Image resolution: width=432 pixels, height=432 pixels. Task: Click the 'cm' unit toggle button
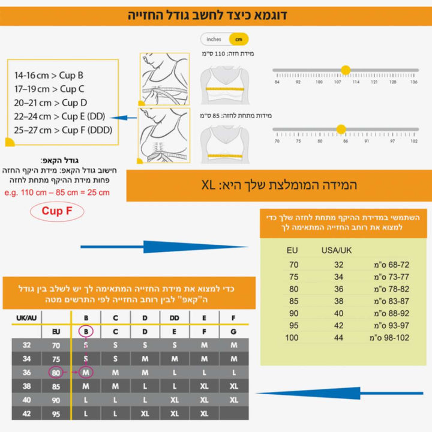(239, 40)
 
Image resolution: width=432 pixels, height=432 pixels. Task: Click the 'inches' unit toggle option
(214, 40)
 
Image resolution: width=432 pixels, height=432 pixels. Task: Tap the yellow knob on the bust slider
(346, 70)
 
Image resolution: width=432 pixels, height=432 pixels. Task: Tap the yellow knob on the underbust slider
(341, 129)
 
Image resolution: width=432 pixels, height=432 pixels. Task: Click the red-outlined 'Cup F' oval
(58, 211)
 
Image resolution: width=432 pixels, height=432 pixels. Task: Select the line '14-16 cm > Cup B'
(49, 76)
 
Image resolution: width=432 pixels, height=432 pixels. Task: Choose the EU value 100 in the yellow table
(292, 338)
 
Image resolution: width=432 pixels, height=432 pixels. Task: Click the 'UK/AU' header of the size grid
(25, 317)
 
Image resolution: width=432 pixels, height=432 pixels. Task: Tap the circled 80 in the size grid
(56, 373)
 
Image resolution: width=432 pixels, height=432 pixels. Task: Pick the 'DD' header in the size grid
(175, 317)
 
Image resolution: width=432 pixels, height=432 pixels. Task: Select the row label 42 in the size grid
(26, 414)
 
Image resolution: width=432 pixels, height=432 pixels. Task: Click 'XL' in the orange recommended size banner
(210, 185)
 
